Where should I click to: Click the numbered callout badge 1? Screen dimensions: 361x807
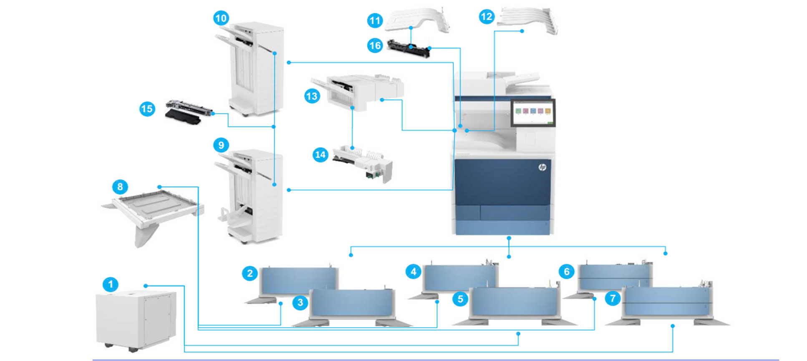coord(111,285)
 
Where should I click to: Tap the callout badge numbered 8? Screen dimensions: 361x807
coord(120,187)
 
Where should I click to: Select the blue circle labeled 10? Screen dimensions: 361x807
coord(221,18)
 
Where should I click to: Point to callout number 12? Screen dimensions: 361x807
coord(487,17)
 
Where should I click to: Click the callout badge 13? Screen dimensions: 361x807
coord(312,96)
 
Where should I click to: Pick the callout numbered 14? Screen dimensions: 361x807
coord(320,155)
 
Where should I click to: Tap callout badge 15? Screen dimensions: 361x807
coord(147,109)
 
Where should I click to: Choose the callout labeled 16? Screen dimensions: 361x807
coord(375,45)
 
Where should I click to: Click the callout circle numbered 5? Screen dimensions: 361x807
coord(460,299)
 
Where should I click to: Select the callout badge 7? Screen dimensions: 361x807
coord(613,298)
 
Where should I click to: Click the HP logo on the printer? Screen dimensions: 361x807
coord(542,167)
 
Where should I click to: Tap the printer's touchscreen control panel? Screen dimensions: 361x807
coord(533,111)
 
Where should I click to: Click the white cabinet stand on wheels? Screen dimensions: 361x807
coord(136,319)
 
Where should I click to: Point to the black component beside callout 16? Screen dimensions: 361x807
coord(409,48)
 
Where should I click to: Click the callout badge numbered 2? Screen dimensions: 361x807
coord(250,273)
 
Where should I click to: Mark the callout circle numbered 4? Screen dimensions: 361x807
coord(413,272)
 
